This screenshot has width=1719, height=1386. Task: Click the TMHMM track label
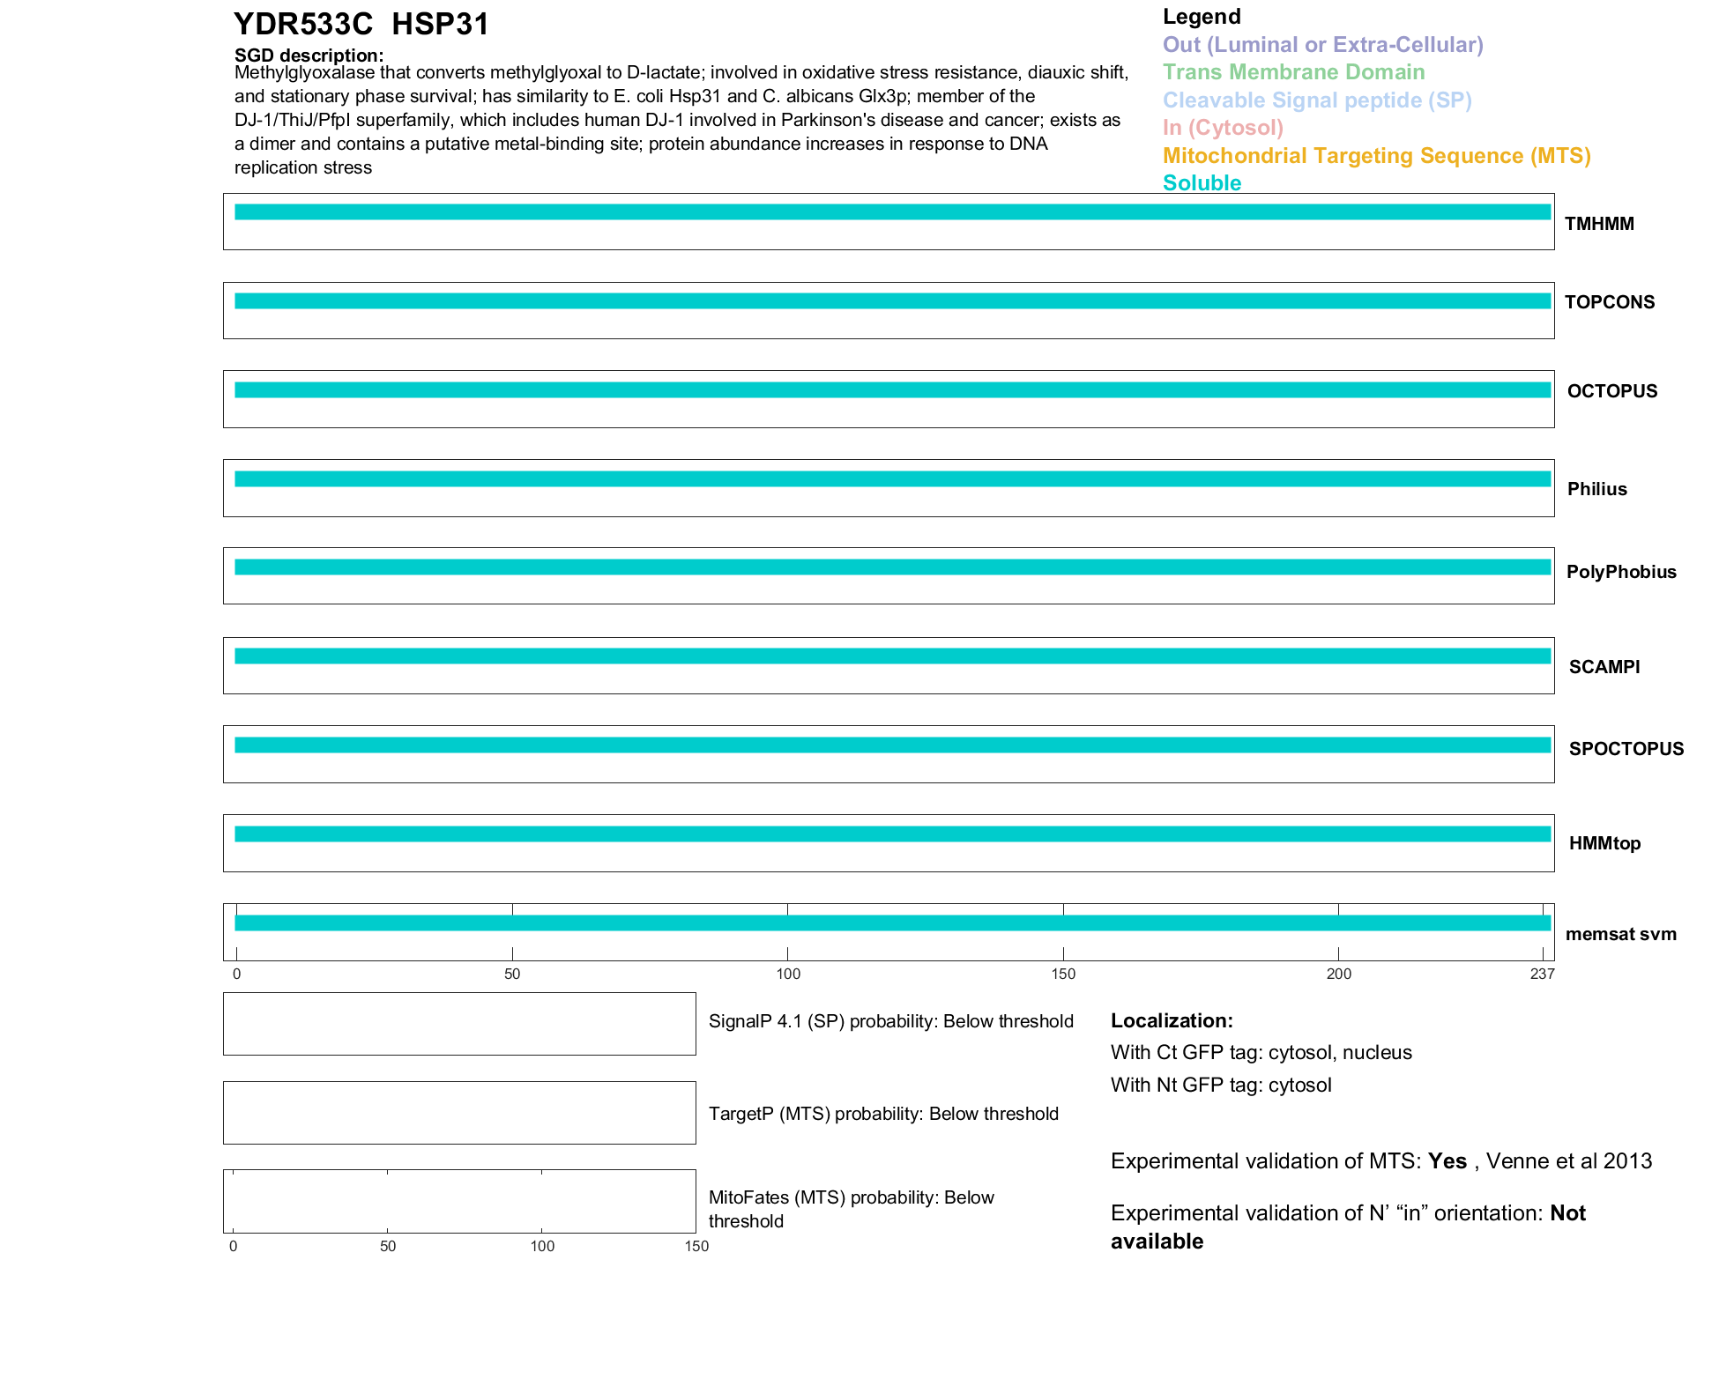click(x=1598, y=224)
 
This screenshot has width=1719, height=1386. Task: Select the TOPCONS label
click(x=1609, y=302)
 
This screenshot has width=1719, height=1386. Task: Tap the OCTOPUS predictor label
click(x=1611, y=391)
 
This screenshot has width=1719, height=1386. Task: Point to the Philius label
click(x=1596, y=489)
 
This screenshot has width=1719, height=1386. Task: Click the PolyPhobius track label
click(x=1620, y=572)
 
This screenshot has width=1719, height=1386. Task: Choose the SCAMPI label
click(x=1604, y=667)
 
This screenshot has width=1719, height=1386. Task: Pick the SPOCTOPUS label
click(x=1626, y=749)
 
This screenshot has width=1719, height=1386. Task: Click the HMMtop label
click(x=1604, y=843)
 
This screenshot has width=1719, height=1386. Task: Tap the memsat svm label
click(x=1620, y=934)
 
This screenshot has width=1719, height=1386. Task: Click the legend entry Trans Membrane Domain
click(x=1293, y=72)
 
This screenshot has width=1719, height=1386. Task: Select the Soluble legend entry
click(x=1202, y=183)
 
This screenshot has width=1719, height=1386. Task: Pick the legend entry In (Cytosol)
click(x=1223, y=128)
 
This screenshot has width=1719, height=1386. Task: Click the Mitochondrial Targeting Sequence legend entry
click(x=1376, y=156)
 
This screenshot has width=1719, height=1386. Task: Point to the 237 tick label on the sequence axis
click(x=1542, y=974)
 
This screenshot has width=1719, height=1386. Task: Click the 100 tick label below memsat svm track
click(x=788, y=974)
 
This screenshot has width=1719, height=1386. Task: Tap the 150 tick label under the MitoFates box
click(x=696, y=1246)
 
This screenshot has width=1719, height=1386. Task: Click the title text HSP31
click(x=440, y=25)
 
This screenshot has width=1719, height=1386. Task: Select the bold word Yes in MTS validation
click(x=1447, y=1161)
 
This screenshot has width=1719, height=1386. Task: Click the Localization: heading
click(x=1172, y=1020)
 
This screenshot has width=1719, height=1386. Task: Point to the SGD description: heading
click(x=309, y=56)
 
